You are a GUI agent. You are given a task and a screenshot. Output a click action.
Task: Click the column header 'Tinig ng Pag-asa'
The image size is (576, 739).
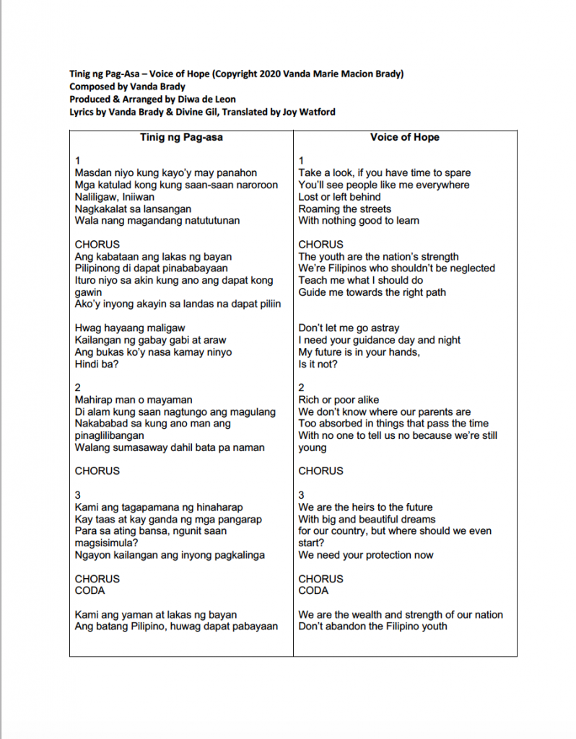[180, 137]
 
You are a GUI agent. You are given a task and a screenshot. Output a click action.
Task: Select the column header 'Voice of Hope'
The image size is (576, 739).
[404, 137]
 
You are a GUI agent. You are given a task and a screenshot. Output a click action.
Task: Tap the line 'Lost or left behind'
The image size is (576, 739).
[339, 197]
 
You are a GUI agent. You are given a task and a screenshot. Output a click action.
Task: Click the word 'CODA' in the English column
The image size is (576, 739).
[313, 590]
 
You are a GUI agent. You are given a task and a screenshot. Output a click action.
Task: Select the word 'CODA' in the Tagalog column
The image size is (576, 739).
[90, 590]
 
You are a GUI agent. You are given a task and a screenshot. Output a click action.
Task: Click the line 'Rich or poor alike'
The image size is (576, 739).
[339, 400]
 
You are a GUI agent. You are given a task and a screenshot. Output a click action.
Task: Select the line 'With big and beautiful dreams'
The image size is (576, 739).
[367, 519]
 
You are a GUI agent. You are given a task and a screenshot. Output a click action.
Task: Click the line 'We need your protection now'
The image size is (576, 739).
[366, 555]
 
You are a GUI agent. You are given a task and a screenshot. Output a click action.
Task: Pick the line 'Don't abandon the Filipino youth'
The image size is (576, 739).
[372, 626]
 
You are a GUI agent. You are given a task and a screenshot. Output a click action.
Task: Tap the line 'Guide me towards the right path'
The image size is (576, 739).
[372, 292]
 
